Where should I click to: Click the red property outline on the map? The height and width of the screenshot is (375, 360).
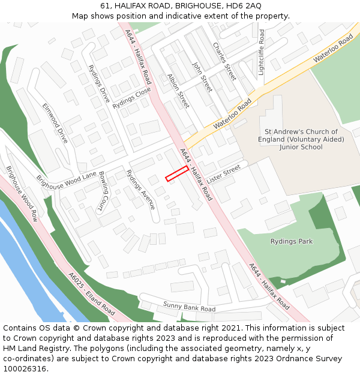coord(177,173)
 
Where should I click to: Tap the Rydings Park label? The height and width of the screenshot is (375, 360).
coord(292,242)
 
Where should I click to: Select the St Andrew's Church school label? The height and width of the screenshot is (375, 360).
coord(301,139)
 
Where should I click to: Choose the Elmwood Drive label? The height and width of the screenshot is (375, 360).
coord(55,122)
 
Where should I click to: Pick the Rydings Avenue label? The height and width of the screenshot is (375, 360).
coord(141,190)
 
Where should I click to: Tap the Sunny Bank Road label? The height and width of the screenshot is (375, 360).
coord(189,308)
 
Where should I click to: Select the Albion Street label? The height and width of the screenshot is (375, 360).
coord(179,91)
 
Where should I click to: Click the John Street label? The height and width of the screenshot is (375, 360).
coord(202,76)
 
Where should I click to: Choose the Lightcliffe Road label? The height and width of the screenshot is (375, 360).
coord(261,52)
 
